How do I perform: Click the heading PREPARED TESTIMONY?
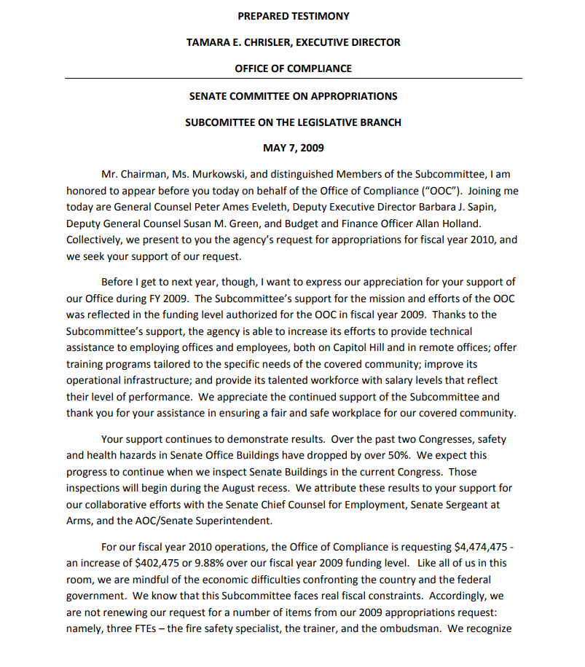(x=293, y=16)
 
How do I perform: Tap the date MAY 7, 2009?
(x=293, y=148)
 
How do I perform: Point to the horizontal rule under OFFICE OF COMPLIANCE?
(x=293, y=78)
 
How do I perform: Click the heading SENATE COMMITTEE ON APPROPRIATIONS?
(x=293, y=96)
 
